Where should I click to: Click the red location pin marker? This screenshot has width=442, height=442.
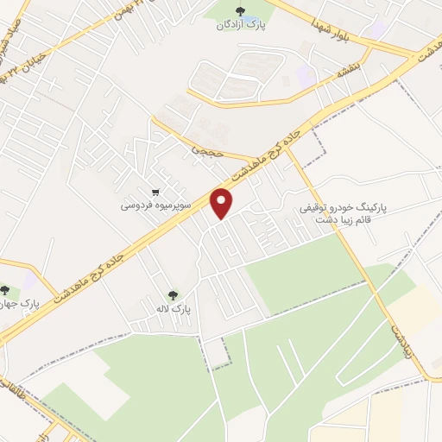tap(223, 204)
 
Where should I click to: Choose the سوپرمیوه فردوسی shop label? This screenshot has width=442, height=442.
tap(149, 206)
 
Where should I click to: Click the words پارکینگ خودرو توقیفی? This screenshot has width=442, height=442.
tap(344, 209)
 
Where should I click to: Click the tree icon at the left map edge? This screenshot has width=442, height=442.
tap(5, 291)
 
